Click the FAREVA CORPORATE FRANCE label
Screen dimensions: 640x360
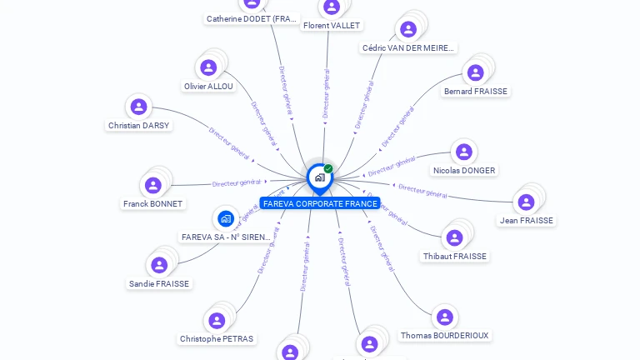click(319, 203)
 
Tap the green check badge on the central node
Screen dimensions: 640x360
click(328, 169)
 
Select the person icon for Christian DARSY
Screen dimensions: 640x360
click(138, 107)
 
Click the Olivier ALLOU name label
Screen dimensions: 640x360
click(208, 86)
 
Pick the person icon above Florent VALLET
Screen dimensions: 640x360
click(332, 7)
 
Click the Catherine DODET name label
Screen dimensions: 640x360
click(252, 18)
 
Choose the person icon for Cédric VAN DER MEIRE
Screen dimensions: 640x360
click(408, 30)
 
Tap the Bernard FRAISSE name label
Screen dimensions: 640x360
click(475, 91)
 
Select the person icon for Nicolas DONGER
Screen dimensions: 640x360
click(463, 152)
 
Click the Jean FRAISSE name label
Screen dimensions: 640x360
click(526, 220)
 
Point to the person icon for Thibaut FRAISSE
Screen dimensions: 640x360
click(454, 238)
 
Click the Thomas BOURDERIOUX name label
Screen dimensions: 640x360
click(444, 335)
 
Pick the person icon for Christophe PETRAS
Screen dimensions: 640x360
click(217, 321)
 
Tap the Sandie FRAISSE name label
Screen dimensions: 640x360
click(159, 283)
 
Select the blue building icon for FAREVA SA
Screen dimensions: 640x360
click(225, 218)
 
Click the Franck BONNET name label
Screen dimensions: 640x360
click(152, 203)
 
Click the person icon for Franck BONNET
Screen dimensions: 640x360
click(152, 185)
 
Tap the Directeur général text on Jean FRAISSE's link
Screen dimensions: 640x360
click(423, 191)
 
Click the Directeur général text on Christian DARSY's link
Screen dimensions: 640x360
click(229, 143)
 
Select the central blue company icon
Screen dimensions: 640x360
click(318, 177)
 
